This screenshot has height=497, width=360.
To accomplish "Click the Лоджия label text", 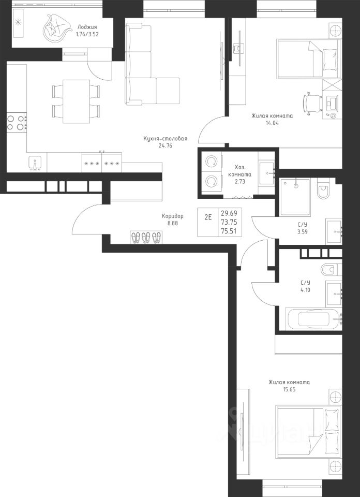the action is click(87, 27).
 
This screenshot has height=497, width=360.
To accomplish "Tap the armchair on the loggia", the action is click(56, 28).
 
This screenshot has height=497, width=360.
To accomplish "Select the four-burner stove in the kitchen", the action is click(17, 123).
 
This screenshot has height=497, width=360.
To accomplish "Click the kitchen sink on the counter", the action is click(35, 163).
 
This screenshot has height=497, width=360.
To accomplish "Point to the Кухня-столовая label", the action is click(166, 139).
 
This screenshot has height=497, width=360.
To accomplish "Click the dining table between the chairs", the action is click(77, 101).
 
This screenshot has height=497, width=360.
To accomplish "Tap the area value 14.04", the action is click(272, 123).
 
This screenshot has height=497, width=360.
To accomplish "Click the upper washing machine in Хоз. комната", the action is click(211, 162).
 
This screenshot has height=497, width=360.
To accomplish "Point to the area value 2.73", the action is click(240, 182).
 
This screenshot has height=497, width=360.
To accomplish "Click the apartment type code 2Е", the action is click(208, 218).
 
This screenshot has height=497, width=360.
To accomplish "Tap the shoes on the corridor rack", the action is click(146, 237).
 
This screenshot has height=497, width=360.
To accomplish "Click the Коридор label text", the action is click(173, 216).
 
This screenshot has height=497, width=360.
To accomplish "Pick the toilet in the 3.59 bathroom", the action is click(323, 189).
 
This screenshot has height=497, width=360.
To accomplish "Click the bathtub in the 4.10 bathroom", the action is click(314, 319).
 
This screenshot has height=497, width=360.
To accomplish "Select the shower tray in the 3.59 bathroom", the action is click(295, 197).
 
